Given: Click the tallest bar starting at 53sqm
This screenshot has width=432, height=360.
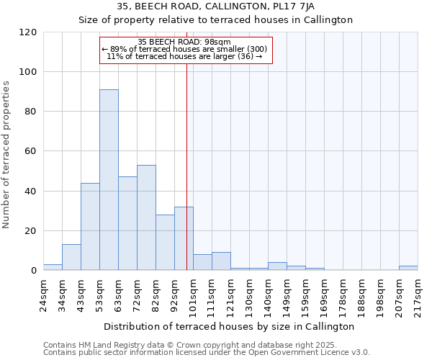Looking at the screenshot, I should click(109, 180).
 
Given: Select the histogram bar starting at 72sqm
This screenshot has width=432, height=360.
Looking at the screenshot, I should click(146, 217).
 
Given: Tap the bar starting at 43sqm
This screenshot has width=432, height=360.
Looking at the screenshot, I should click(90, 227).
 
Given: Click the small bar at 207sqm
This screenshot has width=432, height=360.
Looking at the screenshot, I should click(408, 268).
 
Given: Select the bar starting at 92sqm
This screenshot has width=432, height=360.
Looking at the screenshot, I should click(184, 238).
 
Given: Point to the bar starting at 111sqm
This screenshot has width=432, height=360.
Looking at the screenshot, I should click(221, 261).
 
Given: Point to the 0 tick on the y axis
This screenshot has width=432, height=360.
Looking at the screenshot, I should click(33, 271).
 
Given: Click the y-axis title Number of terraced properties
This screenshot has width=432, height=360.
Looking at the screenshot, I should click(7, 154).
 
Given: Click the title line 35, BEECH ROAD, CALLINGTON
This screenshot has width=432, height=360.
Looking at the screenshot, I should click(216, 6).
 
